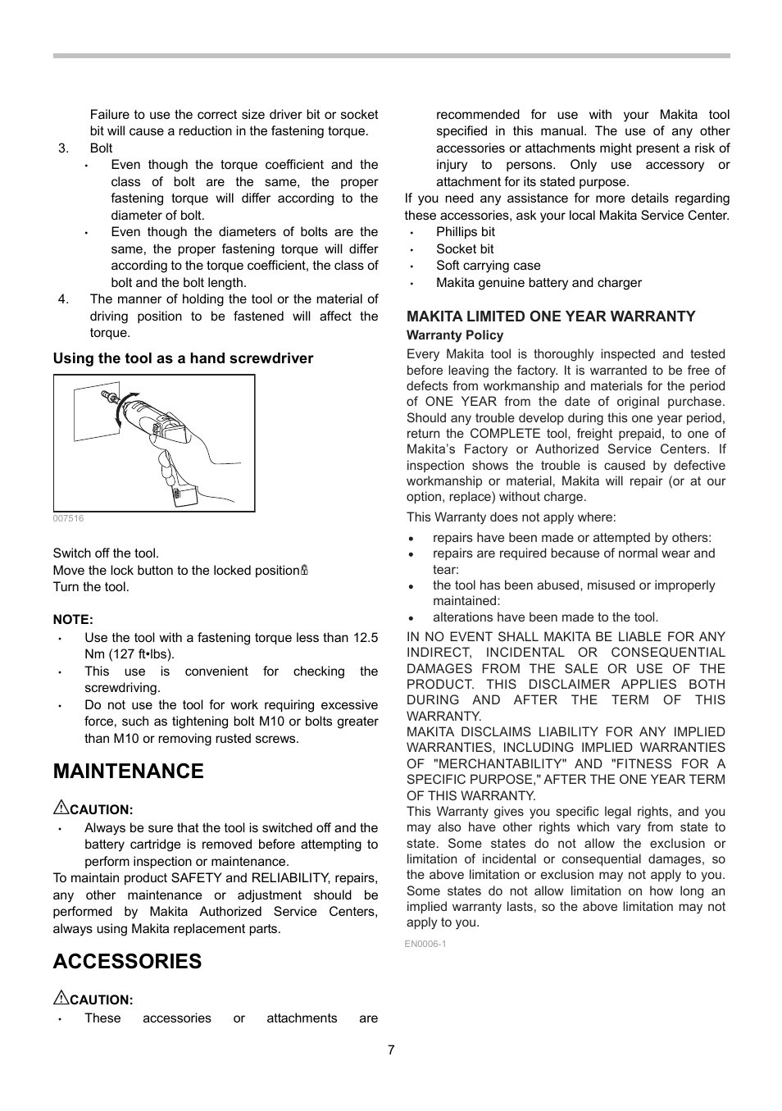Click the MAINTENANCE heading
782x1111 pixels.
(x=128, y=772)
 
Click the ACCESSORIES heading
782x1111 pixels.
(x=127, y=962)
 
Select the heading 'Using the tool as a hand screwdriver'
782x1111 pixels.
(x=183, y=358)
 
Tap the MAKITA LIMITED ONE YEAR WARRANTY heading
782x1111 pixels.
(x=551, y=316)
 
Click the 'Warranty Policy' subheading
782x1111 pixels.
(x=455, y=335)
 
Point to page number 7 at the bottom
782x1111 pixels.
(x=391, y=1050)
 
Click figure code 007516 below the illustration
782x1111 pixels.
(x=68, y=519)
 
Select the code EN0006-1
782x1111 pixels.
(x=425, y=944)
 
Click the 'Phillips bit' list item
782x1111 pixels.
(x=465, y=232)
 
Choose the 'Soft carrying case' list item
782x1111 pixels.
(x=488, y=266)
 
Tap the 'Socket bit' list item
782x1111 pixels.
(x=464, y=249)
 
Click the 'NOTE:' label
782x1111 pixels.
(x=73, y=620)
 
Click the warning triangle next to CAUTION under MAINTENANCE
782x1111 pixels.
(x=60, y=808)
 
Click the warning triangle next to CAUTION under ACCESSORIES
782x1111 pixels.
(x=60, y=999)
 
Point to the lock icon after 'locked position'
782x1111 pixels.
(x=304, y=571)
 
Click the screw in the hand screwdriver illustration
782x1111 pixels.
(x=107, y=398)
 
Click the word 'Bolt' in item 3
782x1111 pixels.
(x=101, y=148)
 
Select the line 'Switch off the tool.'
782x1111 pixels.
(x=106, y=553)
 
